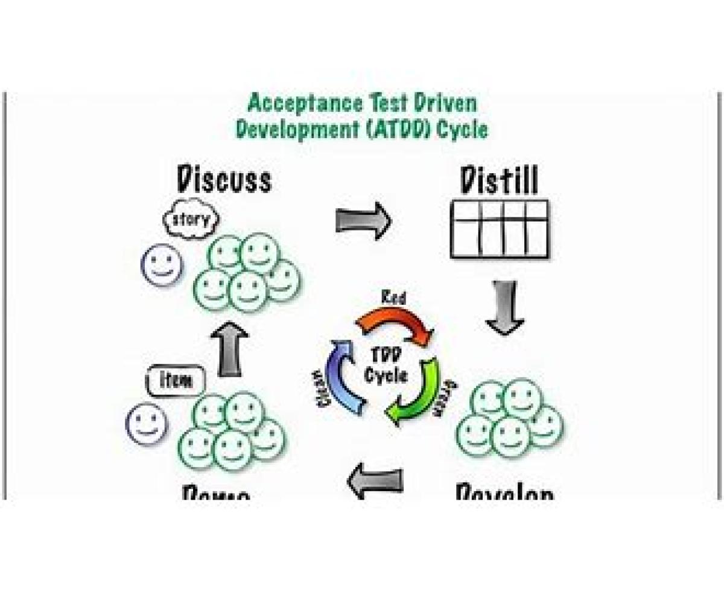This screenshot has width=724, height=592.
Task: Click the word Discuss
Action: [224, 179]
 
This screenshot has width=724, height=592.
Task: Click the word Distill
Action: [498, 180]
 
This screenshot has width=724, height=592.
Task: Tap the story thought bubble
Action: [192, 220]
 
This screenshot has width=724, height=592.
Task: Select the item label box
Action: [176, 380]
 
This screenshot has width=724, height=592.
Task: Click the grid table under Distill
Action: [500, 229]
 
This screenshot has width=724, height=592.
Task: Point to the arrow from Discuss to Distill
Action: [363, 220]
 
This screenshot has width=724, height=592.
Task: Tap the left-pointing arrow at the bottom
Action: [375, 480]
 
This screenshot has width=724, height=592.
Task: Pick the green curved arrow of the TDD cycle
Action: [416, 392]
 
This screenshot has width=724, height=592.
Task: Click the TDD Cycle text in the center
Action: [386, 366]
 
